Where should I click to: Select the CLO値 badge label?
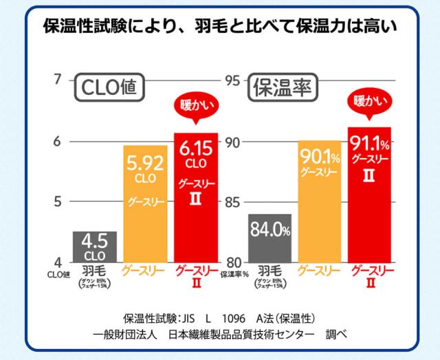tap(109, 88)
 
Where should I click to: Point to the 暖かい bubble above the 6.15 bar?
tap(196, 108)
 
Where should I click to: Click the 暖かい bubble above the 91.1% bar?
tap(369, 102)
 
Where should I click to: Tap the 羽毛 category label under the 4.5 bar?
tap(94, 270)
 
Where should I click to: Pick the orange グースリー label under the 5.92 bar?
tap(144, 270)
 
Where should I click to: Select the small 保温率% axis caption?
tap(233, 274)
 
